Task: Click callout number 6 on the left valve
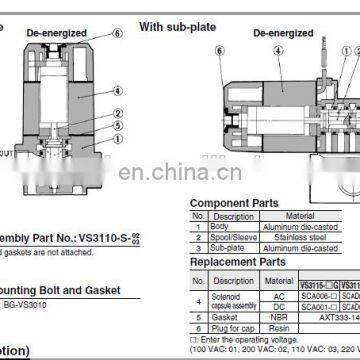[x=121, y=33]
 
